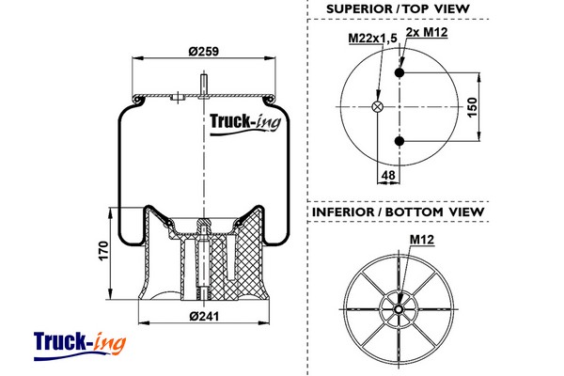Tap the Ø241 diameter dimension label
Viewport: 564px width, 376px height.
[x=203, y=316]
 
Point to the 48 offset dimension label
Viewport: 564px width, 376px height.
[x=389, y=175]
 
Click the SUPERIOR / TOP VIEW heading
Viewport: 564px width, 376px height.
[x=398, y=10]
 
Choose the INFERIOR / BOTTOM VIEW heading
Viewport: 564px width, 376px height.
[x=398, y=211]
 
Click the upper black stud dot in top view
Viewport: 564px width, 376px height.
[x=399, y=72]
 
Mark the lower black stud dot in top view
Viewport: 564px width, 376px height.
[x=399, y=141]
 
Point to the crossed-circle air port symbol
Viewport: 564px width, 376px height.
[x=379, y=107]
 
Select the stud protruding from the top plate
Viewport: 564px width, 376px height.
[x=203, y=84]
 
